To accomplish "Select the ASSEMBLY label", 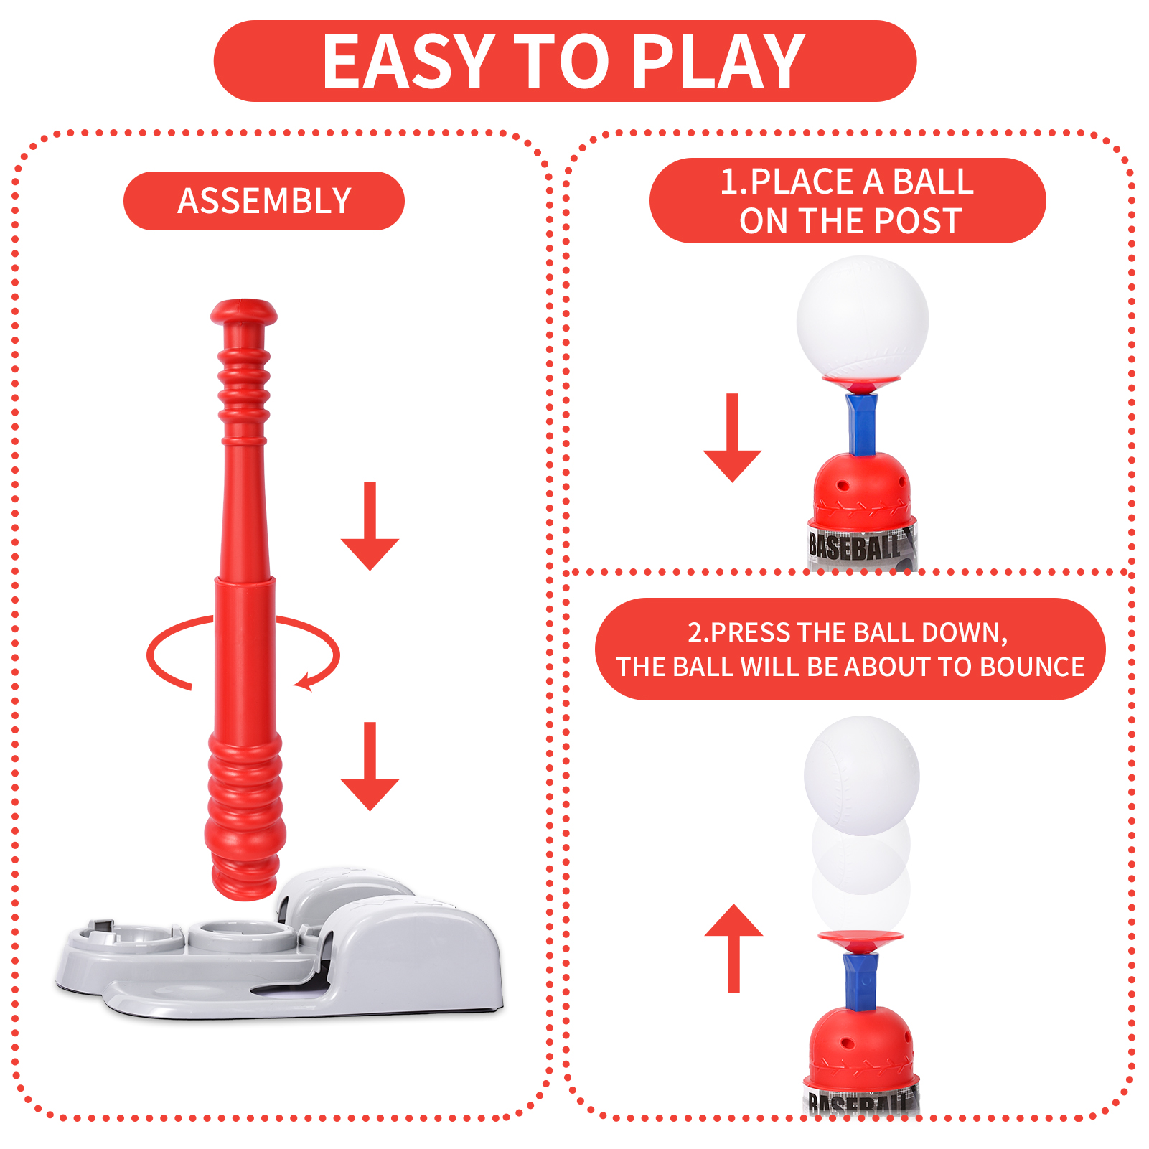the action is click(x=264, y=201).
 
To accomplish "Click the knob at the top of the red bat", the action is click(x=244, y=312).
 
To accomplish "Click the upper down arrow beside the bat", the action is click(x=370, y=526).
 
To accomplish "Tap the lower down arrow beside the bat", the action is click(x=370, y=766).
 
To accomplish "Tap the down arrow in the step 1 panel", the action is click(x=732, y=438).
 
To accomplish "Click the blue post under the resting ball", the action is click(x=862, y=425).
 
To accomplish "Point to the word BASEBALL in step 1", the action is click(x=854, y=548).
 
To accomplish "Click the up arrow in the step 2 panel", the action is click(x=733, y=949).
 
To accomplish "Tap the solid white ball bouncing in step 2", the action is click(x=861, y=775).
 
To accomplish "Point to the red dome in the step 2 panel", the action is click(x=861, y=1044).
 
